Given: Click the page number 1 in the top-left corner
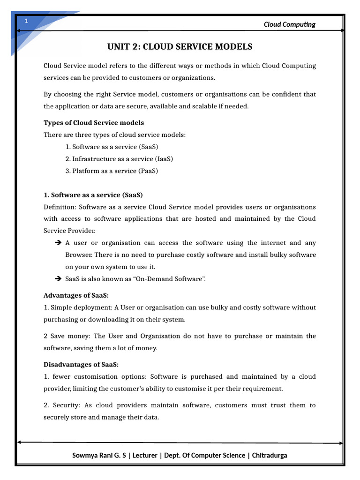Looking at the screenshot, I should (27, 21).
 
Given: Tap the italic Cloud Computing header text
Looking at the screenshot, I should (289, 24).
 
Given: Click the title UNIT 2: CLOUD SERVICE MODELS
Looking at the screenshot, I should (180, 46).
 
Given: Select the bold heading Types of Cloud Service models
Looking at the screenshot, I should (94, 123).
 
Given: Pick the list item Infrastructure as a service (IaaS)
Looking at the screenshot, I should (119, 159).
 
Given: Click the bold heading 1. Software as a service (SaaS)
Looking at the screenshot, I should (93, 195).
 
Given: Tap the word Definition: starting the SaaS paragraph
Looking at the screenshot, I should (60, 207).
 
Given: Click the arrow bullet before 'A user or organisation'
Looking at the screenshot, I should (58, 243).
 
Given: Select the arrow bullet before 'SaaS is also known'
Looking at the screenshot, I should (58, 279).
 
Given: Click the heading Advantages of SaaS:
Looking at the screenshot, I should (76, 296).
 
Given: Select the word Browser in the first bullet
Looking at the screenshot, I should (77, 255).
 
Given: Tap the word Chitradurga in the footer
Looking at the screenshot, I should (270, 456).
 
